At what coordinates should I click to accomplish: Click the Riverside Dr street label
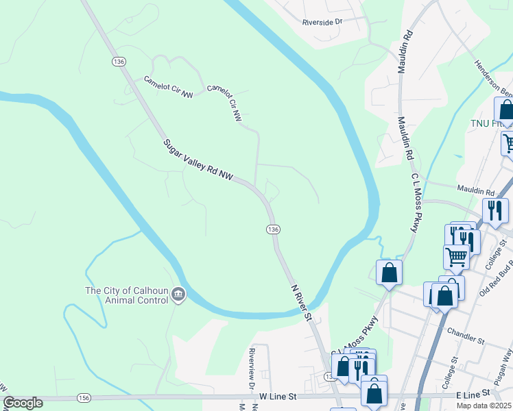322,22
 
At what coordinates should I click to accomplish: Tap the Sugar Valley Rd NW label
198,161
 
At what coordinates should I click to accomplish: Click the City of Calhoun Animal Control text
126,295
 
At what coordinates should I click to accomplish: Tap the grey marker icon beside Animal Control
178,295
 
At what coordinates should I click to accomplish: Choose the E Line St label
474,395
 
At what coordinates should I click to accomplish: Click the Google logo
23,403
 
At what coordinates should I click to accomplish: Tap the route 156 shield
84,398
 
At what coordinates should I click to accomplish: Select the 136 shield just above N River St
273,228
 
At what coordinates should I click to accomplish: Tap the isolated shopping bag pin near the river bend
389,273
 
